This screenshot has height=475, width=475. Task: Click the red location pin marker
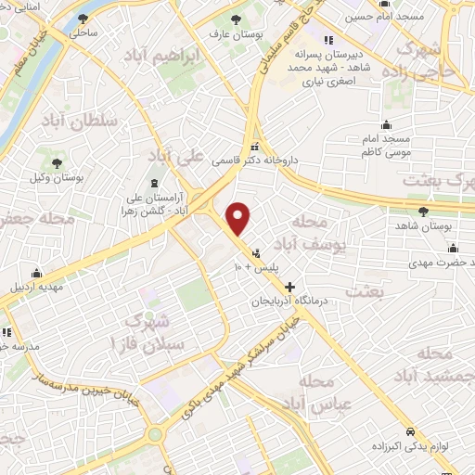point(239,219)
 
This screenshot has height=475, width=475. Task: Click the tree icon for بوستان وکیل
point(58,163)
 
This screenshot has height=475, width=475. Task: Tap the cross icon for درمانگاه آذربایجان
point(290,287)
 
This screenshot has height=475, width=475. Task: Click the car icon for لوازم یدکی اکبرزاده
point(412,406)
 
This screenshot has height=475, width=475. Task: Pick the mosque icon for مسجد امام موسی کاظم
point(386,125)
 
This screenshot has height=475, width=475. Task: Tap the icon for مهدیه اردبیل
point(36,273)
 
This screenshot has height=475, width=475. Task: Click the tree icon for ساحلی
point(84,18)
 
